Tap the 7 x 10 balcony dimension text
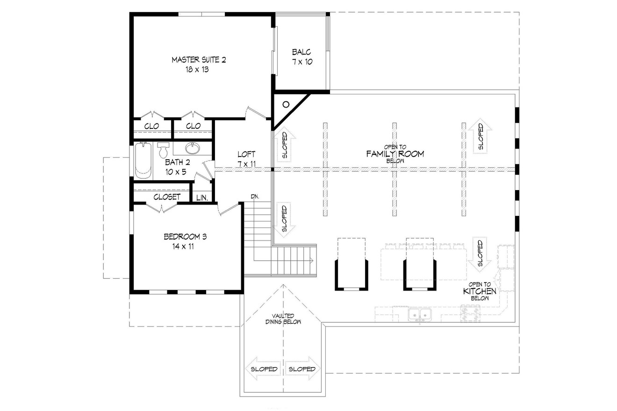click(x=301, y=62)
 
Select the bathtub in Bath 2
click(x=143, y=160)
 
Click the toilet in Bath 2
click(x=163, y=150)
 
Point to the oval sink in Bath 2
click(x=192, y=149)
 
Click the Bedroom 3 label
click(x=185, y=237)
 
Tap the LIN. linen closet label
click(x=202, y=198)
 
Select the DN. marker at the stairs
click(x=255, y=196)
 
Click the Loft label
click(x=246, y=154)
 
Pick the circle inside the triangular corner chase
click(x=287, y=105)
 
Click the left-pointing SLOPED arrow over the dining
click(x=262, y=369)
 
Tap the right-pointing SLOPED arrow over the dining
click(x=302, y=369)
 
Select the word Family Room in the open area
click(x=395, y=154)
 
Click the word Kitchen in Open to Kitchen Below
click(x=479, y=291)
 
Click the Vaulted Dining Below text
click(x=283, y=319)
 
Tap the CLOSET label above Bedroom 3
click(x=166, y=197)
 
